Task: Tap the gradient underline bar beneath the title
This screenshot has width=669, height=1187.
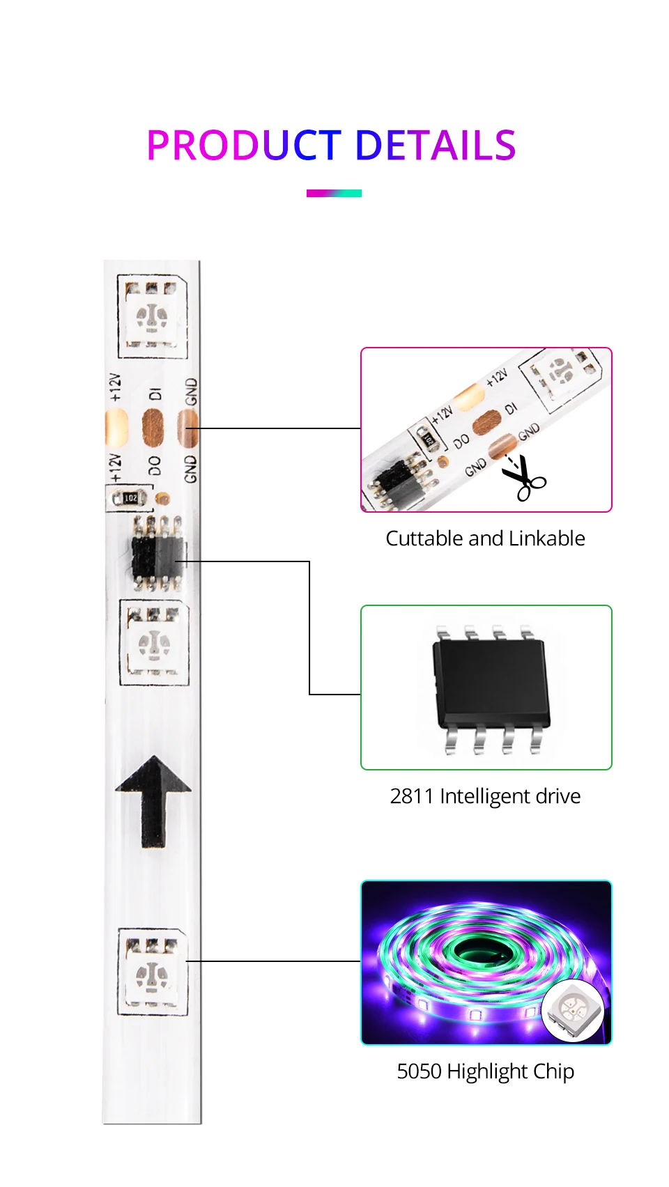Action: tap(334, 193)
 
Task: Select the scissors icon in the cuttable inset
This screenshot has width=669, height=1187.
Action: tap(524, 479)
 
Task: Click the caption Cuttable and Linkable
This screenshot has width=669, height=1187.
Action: tap(485, 538)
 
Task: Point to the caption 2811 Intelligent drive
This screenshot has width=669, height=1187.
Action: tap(485, 796)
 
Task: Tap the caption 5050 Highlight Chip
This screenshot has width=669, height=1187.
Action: tap(485, 1071)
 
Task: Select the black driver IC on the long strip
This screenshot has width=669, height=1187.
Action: tap(157, 554)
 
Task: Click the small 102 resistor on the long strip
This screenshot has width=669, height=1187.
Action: tap(130, 498)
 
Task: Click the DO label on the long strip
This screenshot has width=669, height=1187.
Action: tap(154, 465)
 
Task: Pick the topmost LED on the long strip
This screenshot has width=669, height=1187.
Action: tap(152, 317)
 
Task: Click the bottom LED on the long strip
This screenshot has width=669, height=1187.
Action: tap(152, 972)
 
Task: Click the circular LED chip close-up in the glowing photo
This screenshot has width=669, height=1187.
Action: tap(573, 1011)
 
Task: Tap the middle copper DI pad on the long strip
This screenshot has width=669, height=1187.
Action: tap(153, 427)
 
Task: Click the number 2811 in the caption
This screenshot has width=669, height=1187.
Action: tap(411, 796)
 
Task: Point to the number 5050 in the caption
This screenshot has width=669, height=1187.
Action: tap(419, 1071)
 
